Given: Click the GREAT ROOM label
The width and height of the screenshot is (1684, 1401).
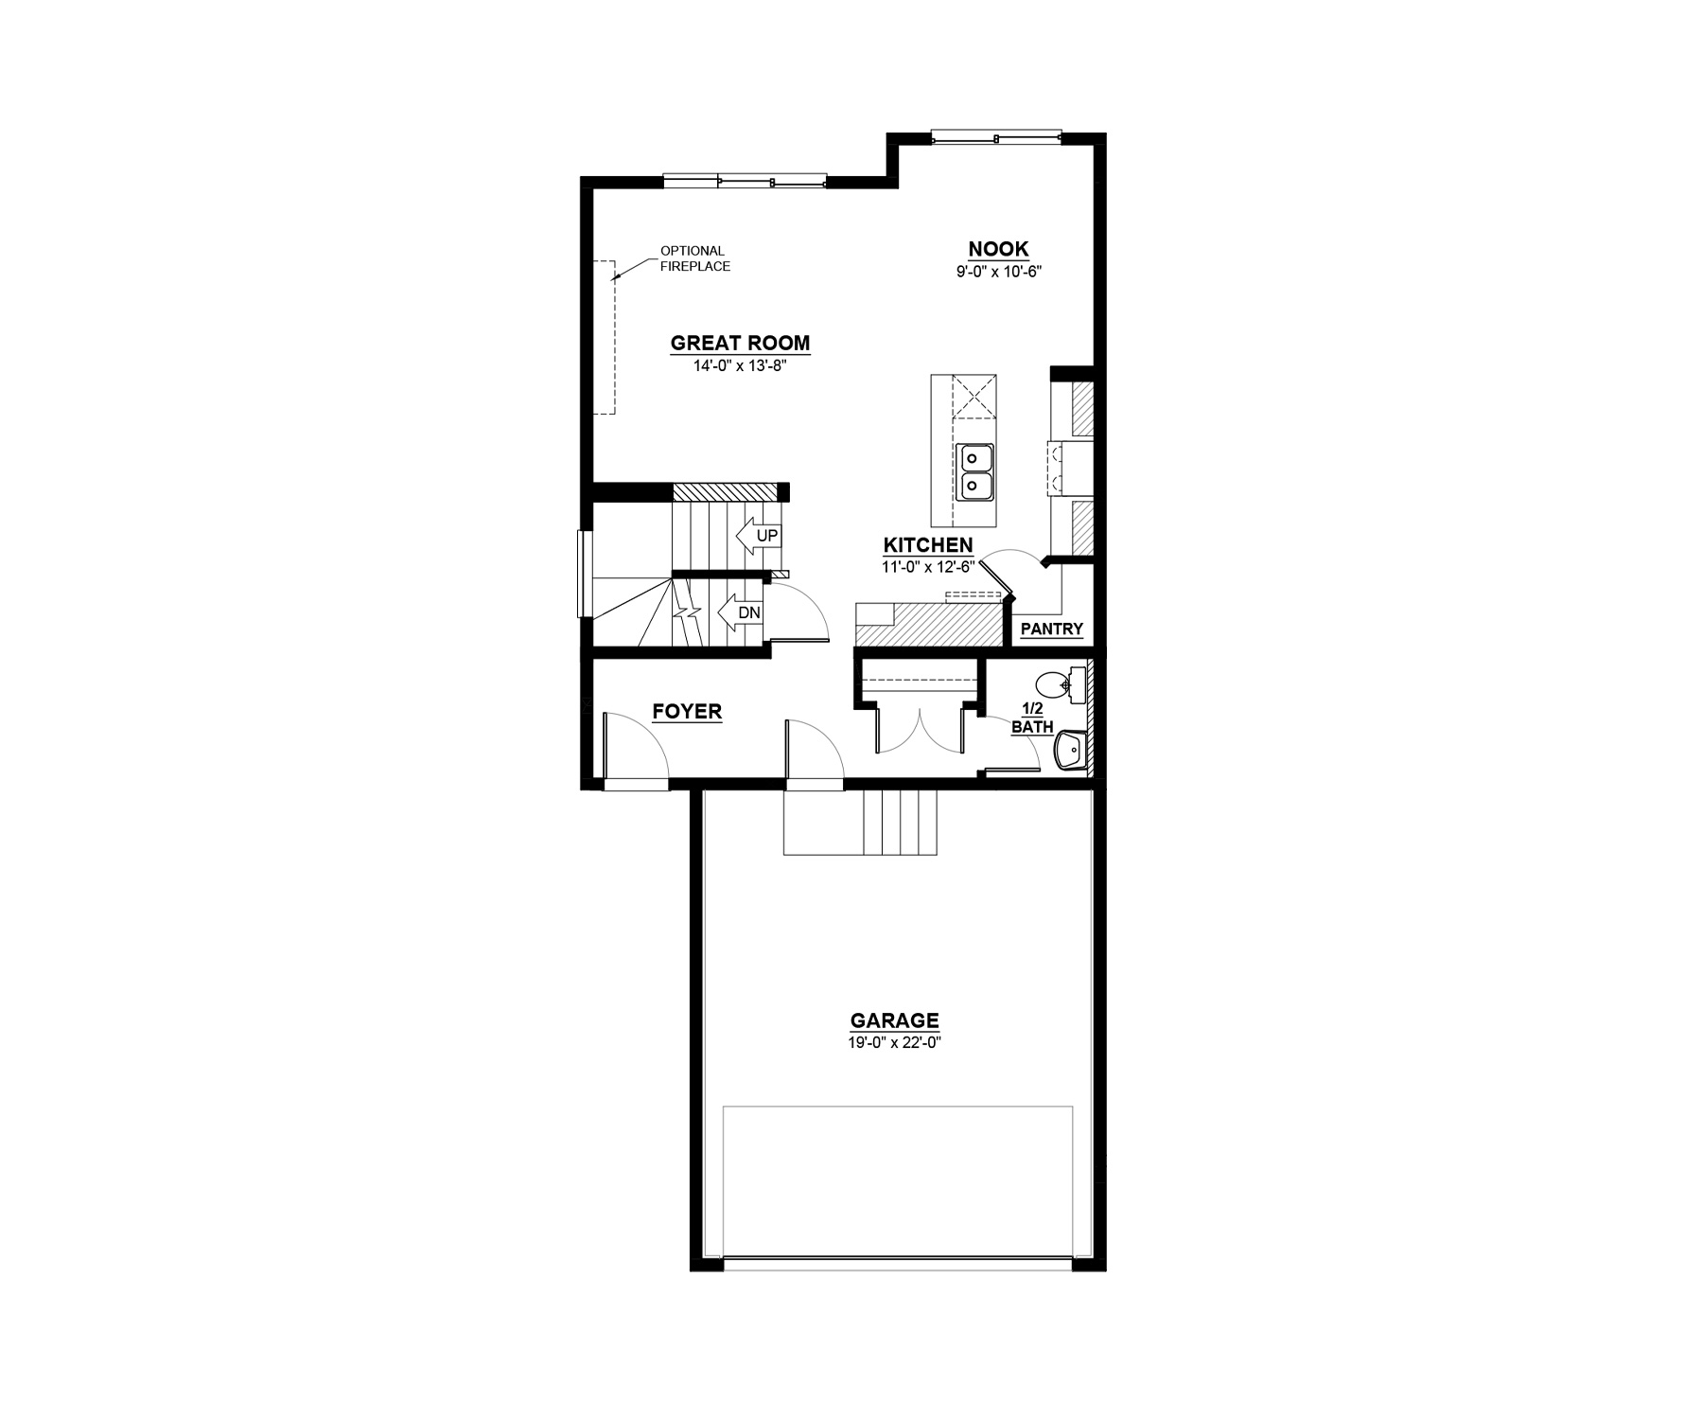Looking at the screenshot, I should (740, 343).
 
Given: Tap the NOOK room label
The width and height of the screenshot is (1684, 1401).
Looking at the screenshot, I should (998, 249).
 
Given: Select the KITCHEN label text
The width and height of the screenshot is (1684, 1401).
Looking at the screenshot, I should (927, 545).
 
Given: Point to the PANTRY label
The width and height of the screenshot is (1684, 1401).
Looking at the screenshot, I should (1051, 630).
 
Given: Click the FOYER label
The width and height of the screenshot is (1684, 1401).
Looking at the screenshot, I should (687, 711).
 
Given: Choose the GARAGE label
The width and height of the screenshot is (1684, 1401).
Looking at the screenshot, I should (894, 1020).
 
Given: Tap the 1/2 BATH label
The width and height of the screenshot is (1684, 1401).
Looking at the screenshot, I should (1031, 718).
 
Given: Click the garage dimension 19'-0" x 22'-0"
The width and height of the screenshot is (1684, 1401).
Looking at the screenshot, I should (894, 1042).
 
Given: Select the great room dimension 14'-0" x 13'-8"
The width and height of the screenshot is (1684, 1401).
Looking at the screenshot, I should (740, 365).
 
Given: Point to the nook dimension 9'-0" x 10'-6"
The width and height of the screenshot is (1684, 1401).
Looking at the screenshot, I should (998, 271).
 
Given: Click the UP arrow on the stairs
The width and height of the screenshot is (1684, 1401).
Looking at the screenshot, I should (757, 537).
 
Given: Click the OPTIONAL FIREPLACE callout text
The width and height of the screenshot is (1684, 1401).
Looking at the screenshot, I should (694, 258).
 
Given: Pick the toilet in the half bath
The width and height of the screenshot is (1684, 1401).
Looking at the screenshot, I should (1055, 684).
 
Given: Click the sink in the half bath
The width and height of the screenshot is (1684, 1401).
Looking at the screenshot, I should (1070, 750).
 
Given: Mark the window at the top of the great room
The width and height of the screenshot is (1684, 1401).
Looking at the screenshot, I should (745, 181).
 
